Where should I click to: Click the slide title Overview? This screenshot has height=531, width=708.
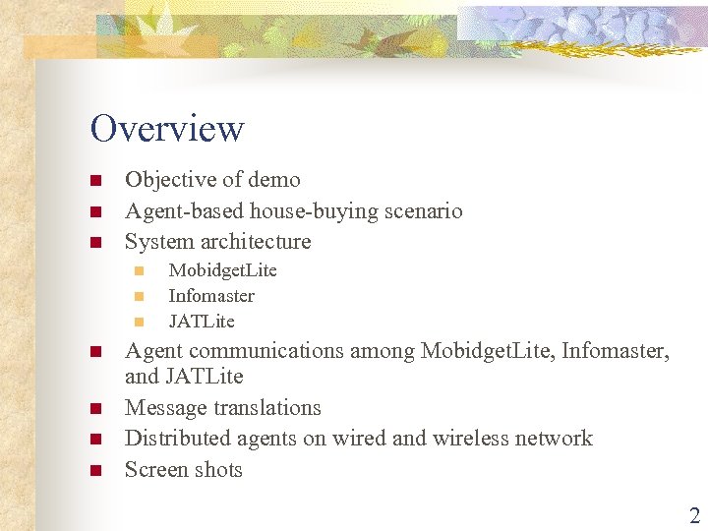(x=166, y=129)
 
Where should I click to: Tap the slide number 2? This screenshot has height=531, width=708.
(x=694, y=516)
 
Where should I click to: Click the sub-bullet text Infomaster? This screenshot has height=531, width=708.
(x=211, y=296)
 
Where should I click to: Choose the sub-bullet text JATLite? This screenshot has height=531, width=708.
(x=202, y=322)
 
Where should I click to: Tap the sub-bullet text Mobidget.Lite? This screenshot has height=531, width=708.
(x=223, y=270)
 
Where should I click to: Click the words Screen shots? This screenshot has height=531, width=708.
(x=184, y=470)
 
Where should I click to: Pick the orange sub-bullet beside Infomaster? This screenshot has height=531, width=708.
(x=139, y=297)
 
